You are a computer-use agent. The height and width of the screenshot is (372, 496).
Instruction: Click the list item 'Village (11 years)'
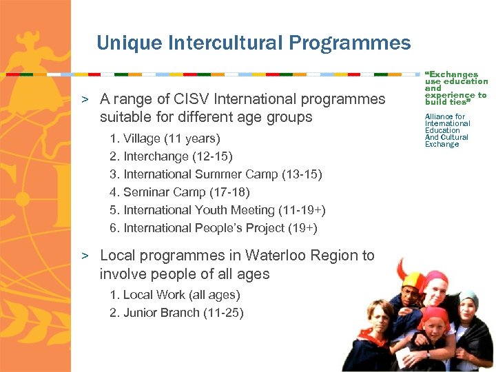[165, 138]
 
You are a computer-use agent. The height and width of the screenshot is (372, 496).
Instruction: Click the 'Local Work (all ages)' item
[175, 295]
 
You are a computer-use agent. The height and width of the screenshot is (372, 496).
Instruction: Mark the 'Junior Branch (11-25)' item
[176, 313]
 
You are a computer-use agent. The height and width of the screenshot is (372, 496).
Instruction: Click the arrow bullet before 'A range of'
[85, 99]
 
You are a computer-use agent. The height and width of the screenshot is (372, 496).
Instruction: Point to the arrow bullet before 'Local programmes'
[85, 256]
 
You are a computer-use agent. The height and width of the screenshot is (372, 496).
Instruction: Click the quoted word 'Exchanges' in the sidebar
[453, 74]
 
